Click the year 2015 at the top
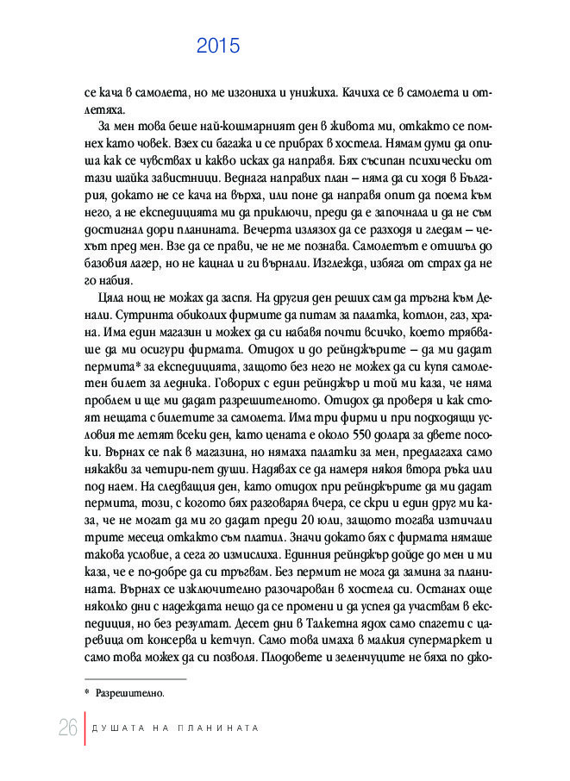[x=217, y=47]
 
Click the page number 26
[x=68, y=727]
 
